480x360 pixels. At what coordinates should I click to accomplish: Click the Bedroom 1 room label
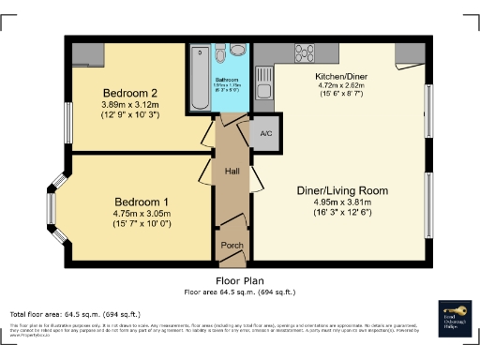coord(142,202)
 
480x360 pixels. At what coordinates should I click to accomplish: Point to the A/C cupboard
coord(265,133)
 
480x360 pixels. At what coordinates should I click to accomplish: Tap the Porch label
coord(231,244)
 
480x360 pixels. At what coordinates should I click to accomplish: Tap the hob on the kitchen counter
coord(306,52)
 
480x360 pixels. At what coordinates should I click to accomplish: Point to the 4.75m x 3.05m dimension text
coord(142,214)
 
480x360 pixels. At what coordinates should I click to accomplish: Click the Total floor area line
coord(75,313)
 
